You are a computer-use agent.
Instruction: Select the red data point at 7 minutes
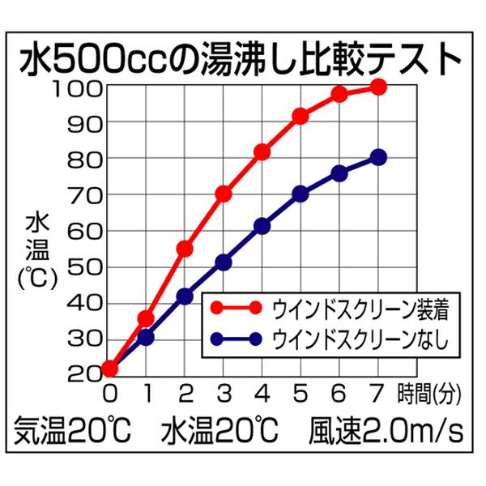[x=378, y=87]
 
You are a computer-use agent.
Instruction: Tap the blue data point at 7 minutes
[x=378, y=157]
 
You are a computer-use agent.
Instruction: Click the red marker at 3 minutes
[x=224, y=194]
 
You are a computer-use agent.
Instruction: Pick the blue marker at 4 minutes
[x=262, y=226]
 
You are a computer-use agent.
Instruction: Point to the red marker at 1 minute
[x=146, y=318]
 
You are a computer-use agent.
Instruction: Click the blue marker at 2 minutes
[x=185, y=296]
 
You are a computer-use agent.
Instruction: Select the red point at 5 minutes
[x=301, y=117]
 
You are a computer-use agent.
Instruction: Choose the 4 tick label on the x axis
[x=262, y=394]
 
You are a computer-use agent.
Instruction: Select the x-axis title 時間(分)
[x=427, y=394]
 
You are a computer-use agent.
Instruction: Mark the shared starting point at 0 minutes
[x=109, y=369]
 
